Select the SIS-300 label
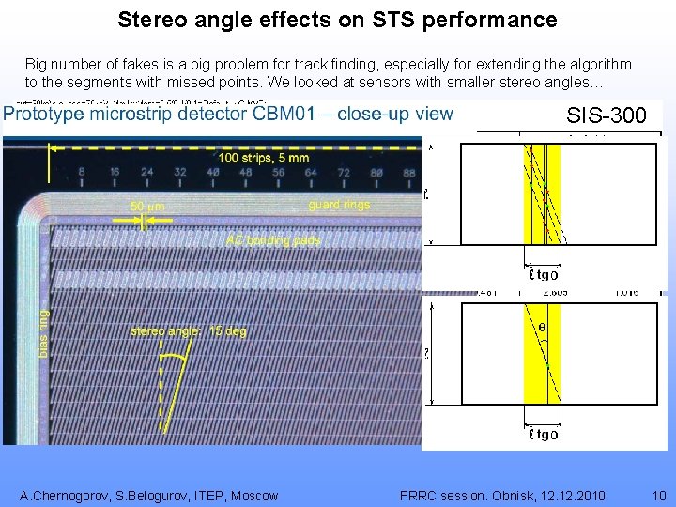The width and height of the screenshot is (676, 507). pyautogui.click(x=607, y=116)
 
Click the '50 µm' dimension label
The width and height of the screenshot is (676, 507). pyautogui.click(x=148, y=206)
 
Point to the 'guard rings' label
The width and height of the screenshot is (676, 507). pyautogui.click(x=339, y=204)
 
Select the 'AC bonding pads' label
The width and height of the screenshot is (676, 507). pyautogui.click(x=273, y=240)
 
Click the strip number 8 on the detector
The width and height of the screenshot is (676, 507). pyautogui.click(x=83, y=172)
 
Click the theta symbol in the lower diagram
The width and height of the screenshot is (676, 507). pyautogui.click(x=542, y=328)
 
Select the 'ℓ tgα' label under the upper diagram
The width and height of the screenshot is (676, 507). pyautogui.click(x=543, y=274)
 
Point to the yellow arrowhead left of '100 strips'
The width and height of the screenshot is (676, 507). pyautogui.click(x=54, y=147)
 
